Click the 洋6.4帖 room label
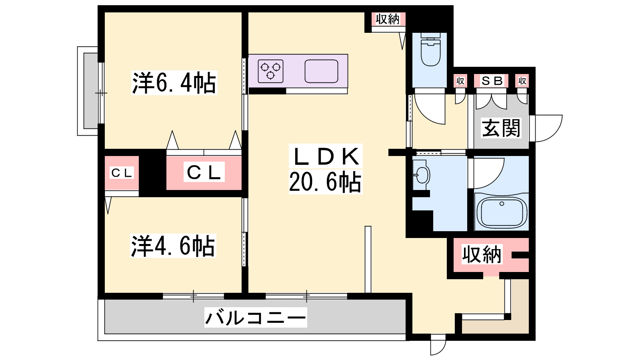pos(174,83)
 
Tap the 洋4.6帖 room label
pos(173,246)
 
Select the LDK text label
pos(326,156)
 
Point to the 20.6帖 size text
pos(325,182)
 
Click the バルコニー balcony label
pos(256,318)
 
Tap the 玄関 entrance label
pos(501,128)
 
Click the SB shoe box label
pos(492,81)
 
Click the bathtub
pos(502,212)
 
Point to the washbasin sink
pos(420,174)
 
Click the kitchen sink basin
pos(321,71)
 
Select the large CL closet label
pos(204,172)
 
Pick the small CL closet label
pos(122,173)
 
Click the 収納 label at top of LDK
pos(388,19)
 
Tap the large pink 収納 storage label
pos(482,254)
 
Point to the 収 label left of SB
pos(460,81)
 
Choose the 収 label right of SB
pos(522,81)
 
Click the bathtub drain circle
pos(502,204)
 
